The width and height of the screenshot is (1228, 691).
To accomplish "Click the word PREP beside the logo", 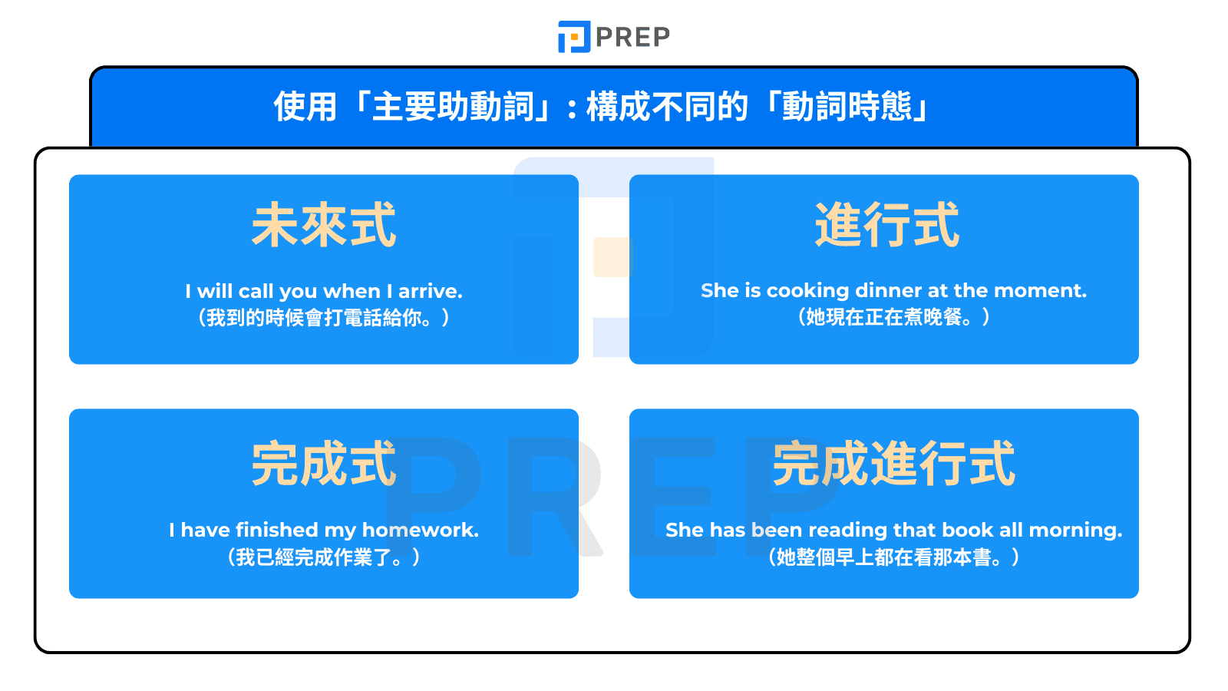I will (x=632, y=37).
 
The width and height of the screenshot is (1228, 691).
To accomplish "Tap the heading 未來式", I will (x=324, y=225).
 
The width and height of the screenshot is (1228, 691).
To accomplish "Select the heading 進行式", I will (x=886, y=225).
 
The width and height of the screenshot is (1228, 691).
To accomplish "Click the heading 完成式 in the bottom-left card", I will (x=324, y=464).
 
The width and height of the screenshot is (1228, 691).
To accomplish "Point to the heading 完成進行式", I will (x=893, y=464).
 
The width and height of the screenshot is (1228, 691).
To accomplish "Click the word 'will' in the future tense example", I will (x=214, y=291).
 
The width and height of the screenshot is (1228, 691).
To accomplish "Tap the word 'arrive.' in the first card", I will (x=430, y=291).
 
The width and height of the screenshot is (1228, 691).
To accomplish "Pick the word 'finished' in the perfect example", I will (x=276, y=530).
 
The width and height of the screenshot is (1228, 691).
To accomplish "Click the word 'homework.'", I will (x=420, y=530).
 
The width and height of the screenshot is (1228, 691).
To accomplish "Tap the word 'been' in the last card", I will (x=777, y=530).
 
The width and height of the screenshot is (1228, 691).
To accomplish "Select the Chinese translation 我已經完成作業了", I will (x=323, y=557).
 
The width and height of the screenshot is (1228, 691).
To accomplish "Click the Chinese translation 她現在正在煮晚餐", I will (x=893, y=316).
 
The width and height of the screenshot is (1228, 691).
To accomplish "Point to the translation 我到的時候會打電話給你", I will (x=323, y=317).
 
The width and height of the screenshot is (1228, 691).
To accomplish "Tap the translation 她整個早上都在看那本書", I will (x=893, y=557).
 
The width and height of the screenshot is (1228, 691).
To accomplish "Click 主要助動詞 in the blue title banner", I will (x=453, y=107).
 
